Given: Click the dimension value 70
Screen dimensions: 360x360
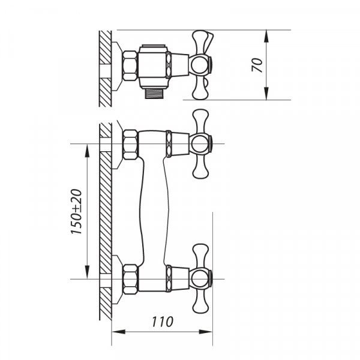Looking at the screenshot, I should tap(257, 65).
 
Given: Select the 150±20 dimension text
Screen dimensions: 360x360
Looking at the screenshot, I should tap(76, 212).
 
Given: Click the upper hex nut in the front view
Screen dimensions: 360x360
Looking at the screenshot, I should tap(130, 145).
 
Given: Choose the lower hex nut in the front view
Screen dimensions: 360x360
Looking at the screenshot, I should tap(130, 279).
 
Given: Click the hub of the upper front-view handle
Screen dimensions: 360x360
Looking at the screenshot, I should tap(200, 144).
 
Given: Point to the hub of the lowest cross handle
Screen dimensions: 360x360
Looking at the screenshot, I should tap(200, 278).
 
